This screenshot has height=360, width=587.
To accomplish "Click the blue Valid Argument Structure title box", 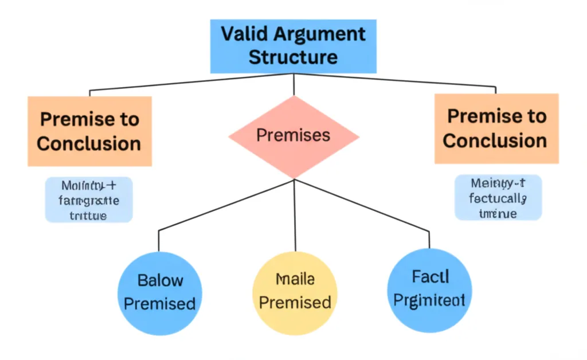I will (x=293, y=46).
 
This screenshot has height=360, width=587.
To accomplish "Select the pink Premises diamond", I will (x=293, y=136).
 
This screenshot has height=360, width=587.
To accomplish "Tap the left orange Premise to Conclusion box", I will (x=89, y=131).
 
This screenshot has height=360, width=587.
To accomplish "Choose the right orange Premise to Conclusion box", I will (x=496, y=128).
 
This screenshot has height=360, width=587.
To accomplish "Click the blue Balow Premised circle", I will (x=159, y=292).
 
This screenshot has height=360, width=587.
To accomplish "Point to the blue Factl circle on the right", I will (x=430, y=289).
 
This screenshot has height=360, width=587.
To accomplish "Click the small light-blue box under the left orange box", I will (x=89, y=199).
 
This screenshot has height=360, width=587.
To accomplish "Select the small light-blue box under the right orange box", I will (x=497, y=198).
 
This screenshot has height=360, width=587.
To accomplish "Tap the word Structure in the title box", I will (x=293, y=57).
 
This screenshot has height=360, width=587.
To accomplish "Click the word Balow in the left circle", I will (x=161, y=281).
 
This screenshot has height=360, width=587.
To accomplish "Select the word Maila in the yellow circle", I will (x=295, y=280).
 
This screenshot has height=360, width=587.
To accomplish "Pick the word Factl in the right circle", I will (x=430, y=277).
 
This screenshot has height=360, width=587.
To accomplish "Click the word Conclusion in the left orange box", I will (x=89, y=143).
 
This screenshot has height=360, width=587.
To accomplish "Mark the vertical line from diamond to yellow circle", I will (x=294, y=215).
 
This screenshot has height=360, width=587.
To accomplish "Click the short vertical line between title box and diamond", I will (x=293, y=84).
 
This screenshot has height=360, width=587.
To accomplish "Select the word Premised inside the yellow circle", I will (x=295, y=302).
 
